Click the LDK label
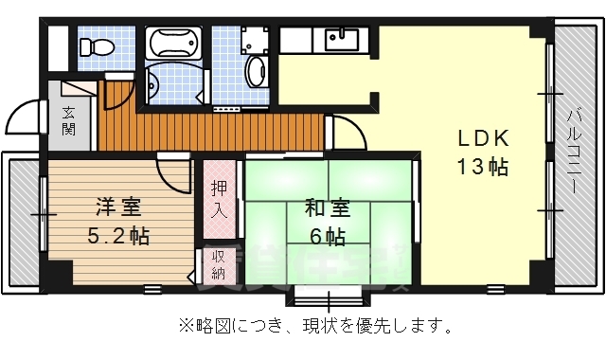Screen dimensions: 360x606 [x=484, y=138]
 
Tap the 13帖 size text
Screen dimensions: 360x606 [x=484, y=169]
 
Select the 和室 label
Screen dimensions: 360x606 [x=327, y=206]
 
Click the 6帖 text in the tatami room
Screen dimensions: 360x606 [x=326, y=234]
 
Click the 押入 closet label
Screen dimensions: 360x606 [x=218, y=198]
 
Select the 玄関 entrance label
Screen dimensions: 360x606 [x=69, y=122]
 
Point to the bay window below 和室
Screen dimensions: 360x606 [x=327, y=294]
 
